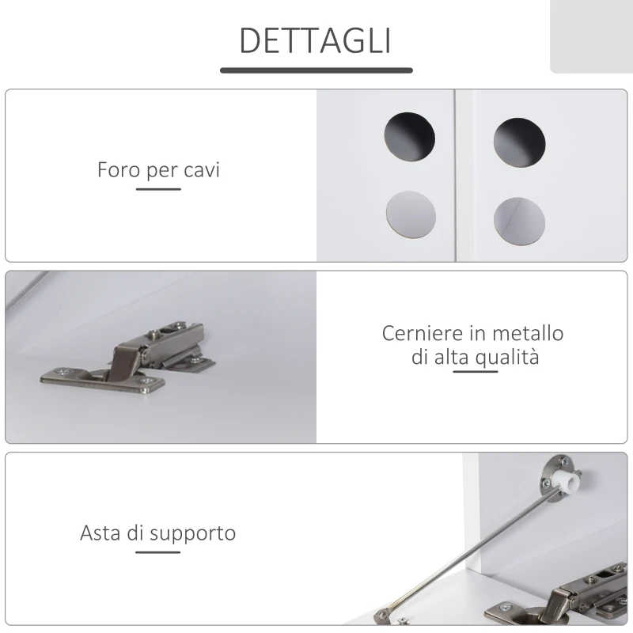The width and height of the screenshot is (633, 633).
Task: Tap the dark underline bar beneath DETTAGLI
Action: pos(316,70)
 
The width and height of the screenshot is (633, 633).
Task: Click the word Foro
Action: pos(119,169)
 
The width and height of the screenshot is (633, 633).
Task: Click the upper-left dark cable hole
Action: pos(410,137)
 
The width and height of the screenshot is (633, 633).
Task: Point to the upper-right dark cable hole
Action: pos(519,142)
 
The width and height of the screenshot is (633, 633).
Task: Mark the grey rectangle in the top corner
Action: pos(591,36)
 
